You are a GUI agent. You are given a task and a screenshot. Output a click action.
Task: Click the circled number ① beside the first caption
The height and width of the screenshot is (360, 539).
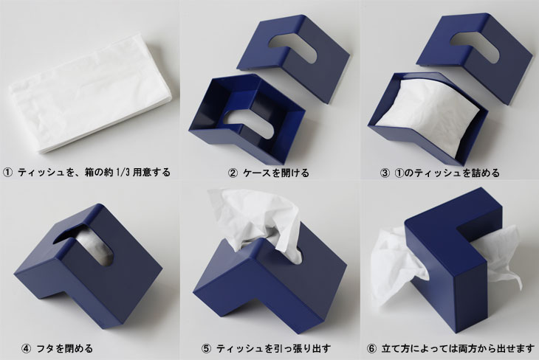pyautogui.click(x=8, y=172)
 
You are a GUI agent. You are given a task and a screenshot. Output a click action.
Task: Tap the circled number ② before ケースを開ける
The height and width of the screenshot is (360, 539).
pyautogui.click(x=233, y=173)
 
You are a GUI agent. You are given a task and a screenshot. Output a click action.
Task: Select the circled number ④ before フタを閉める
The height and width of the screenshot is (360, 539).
pyautogui.click(x=26, y=349)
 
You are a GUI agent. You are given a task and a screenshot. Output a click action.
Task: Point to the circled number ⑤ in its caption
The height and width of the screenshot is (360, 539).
pyautogui.click(x=206, y=349)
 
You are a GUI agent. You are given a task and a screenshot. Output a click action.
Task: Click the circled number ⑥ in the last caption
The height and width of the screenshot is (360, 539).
pyautogui.click(x=371, y=349)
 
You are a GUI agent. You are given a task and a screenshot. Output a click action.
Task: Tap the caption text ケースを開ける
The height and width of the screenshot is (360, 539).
pyautogui.click(x=275, y=173)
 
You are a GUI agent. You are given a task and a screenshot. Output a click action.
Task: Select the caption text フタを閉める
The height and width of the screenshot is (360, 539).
pyautogui.click(x=64, y=349)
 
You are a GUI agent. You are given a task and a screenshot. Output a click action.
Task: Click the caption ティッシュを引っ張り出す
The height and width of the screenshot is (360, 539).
pyautogui.click(x=273, y=349)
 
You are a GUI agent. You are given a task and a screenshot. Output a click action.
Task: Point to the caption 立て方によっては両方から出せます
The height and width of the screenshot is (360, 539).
pyautogui.click(x=458, y=349)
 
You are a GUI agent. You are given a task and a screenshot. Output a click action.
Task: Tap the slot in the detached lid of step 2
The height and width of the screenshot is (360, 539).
pyautogui.click(x=293, y=47)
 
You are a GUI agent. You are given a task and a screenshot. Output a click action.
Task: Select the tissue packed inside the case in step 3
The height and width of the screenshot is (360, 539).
pyautogui.click(x=430, y=116)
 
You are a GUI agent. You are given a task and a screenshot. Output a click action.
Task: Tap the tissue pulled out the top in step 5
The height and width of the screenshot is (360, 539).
pyautogui.click(x=256, y=225)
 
